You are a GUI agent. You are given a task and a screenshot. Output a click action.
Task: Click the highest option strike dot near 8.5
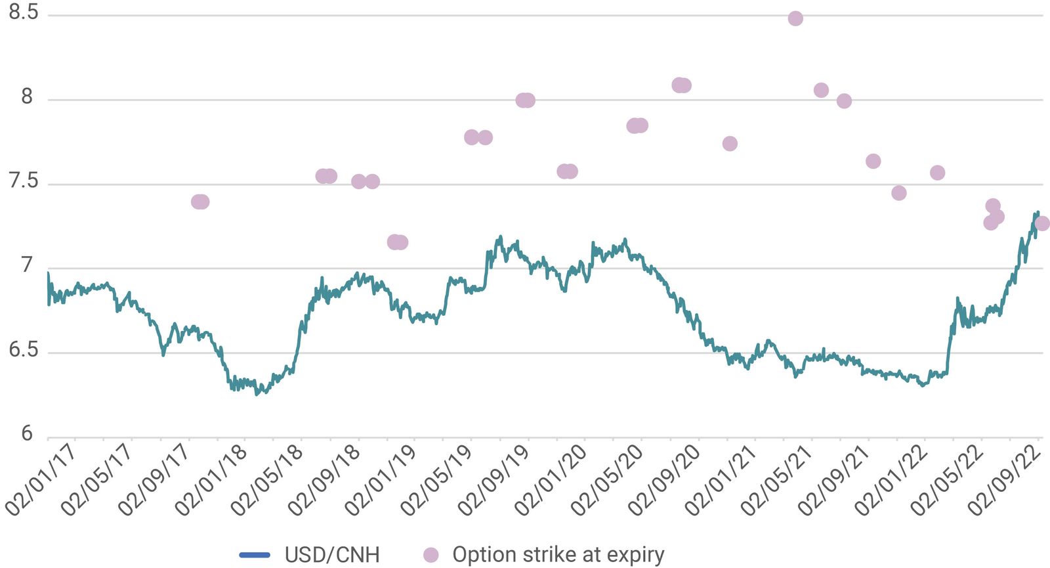[795, 18]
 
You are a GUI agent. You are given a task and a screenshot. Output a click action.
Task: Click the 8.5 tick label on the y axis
[24, 12]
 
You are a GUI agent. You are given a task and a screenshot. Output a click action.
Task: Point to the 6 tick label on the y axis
[27, 433]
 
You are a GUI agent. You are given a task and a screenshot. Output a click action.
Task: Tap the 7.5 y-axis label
[24, 181]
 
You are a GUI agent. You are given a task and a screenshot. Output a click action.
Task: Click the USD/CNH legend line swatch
[255, 555]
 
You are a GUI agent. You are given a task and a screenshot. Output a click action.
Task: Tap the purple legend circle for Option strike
[430, 555]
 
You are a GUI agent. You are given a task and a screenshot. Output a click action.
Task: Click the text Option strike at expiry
[558, 555]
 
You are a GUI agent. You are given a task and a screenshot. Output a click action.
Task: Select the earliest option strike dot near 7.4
[199, 202]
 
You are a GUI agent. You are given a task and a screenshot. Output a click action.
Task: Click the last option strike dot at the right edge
[1041, 223]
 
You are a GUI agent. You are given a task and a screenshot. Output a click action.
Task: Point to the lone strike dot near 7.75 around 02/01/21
[730, 143]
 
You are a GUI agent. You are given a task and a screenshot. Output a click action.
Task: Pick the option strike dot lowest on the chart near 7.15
[396, 242]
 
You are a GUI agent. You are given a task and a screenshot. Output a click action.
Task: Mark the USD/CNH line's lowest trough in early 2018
[257, 393]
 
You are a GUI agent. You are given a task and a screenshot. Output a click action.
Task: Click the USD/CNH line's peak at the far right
[1037, 212]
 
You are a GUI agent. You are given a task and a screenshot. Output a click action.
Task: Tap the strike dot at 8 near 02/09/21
[844, 100]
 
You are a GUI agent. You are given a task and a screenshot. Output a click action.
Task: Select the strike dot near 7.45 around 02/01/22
[899, 192]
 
